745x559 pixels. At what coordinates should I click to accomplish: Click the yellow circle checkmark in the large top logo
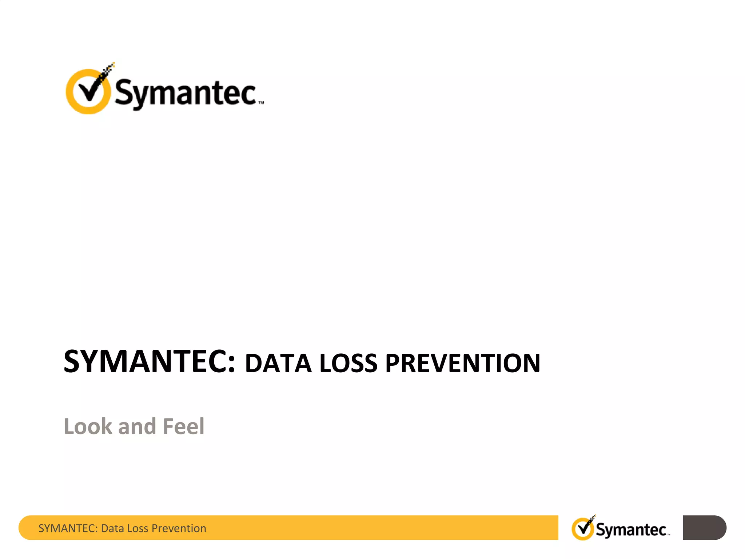pos(88,91)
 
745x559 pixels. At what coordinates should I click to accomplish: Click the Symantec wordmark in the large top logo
pos(186,93)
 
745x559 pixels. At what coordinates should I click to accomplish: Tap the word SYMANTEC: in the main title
pos(150,361)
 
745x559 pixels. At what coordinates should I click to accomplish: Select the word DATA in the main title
pos(278,364)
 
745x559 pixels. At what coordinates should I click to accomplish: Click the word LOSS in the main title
pos(348,364)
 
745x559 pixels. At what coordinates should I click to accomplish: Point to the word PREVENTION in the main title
pos(463,364)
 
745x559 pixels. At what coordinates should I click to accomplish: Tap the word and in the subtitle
pos(137,427)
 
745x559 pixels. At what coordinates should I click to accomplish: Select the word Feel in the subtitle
pos(184,426)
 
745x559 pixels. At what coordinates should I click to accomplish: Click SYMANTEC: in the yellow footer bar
pos(68,528)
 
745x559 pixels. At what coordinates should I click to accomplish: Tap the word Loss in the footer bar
pos(138,528)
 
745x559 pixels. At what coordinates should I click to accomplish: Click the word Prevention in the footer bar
pos(179,528)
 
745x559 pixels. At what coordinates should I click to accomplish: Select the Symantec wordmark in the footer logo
pos(631,530)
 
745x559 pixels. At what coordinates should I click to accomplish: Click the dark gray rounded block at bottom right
pos(704,528)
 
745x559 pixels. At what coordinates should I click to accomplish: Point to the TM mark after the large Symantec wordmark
pos(261,103)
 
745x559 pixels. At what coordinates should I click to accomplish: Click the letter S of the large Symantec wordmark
pos(124,92)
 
